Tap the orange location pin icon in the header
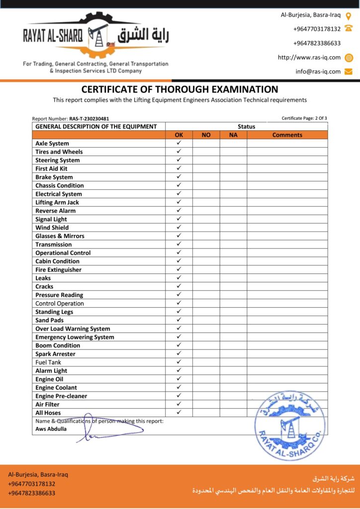click(x=349, y=15)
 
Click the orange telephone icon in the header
click(x=349, y=29)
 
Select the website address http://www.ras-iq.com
click(x=309, y=57)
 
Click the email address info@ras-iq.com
click(x=318, y=71)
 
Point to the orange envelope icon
click(x=349, y=71)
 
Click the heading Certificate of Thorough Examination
click(x=180, y=89)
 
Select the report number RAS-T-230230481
click(x=89, y=119)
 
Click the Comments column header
click(x=287, y=135)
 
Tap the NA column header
click(x=233, y=135)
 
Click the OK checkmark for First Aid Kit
click(x=179, y=168)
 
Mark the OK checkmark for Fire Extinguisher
click(x=179, y=269)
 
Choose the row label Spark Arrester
click(x=55, y=354)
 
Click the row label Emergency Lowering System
click(x=75, y=337)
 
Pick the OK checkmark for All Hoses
click(x=179, y=412)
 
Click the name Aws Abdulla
click(x=51, y=428)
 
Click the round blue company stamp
click(x=290, y=424)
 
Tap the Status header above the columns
click(x=246, y=126)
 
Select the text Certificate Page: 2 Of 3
click(x=304, y=118)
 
